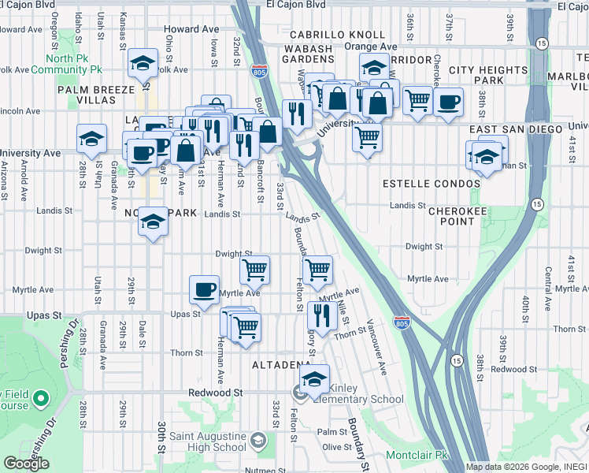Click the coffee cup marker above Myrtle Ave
[x=205, y=289]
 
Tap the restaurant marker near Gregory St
[x=322, y=315]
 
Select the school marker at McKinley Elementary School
[x=314, y=379]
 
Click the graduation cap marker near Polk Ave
[x=143, y=63]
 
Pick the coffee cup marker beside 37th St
[x=448, y=102]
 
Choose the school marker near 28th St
[x=92, y=138]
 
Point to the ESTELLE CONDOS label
[x=431, y=184]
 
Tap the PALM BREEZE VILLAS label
[x=96, y=96]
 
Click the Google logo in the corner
[x=26, y=464]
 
